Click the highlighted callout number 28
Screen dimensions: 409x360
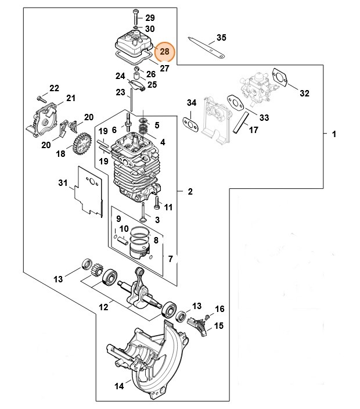point(165,52)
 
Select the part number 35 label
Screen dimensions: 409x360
point(221,38)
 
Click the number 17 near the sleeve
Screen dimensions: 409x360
point(253,130)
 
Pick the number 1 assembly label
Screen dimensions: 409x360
point(334,135)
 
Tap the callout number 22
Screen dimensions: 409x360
point(54,88)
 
